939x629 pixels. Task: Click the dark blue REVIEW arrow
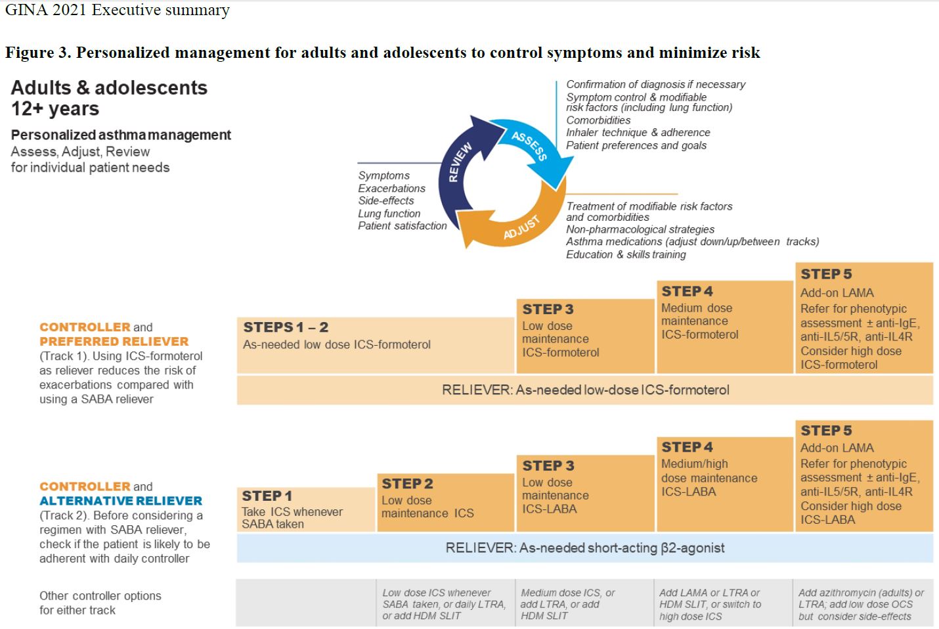pyautogui.click(x=458, y=168)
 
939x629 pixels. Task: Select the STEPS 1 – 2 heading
pyautogui.click(x=286, y=327)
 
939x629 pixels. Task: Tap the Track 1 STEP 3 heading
pyautogui.click(x=548, y=310)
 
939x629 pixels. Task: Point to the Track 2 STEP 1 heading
pyautogui.click(x=267, y=496)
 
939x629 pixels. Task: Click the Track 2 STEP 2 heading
pyautogui.click(x=407, y=484)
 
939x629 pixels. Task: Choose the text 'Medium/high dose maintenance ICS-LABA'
pyautogui.click(x=709, y=478)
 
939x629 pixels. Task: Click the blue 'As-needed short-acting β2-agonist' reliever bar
pyautogui.click(x=585, y=548)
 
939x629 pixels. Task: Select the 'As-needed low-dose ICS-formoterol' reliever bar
pyautogui.click(x=585, y=390)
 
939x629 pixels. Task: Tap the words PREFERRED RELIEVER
pyautogui.click(x=114, y=342)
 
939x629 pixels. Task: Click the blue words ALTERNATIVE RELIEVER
pyautogui.click(x=121, y=501)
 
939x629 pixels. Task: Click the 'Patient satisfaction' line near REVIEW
pyautogui.click(x=403, y=225)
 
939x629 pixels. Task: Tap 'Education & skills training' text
pyautogui.click(x=626, y=255)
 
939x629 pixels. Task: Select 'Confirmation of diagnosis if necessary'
pyautogui.click(x=655, y=84)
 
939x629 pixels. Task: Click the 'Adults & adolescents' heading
pyautogui.click(x=109, y=87)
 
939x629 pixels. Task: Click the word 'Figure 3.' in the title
pyautogui.click(x=38, y=53)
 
